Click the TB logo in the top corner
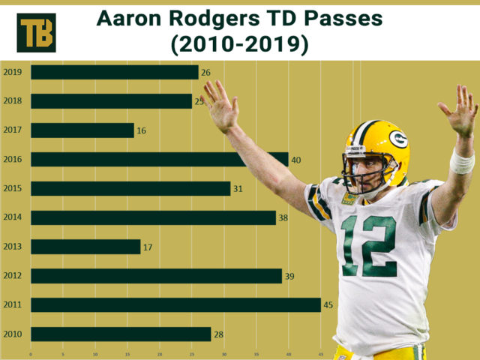coord(36,32)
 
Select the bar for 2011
coord(175,305)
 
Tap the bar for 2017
coord(82,130)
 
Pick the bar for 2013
coord(85,247)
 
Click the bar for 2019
coord(114,72)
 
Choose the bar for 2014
coord(153,217)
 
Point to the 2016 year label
coord(12,159)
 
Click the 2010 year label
coord(12,334)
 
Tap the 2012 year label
coord(12,276)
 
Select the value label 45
coord(328,305)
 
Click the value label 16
coord(141,130)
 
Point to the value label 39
coord(289,276)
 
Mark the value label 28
coord(218,334)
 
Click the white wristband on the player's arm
coord(461,161)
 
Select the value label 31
coord(238,188)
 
